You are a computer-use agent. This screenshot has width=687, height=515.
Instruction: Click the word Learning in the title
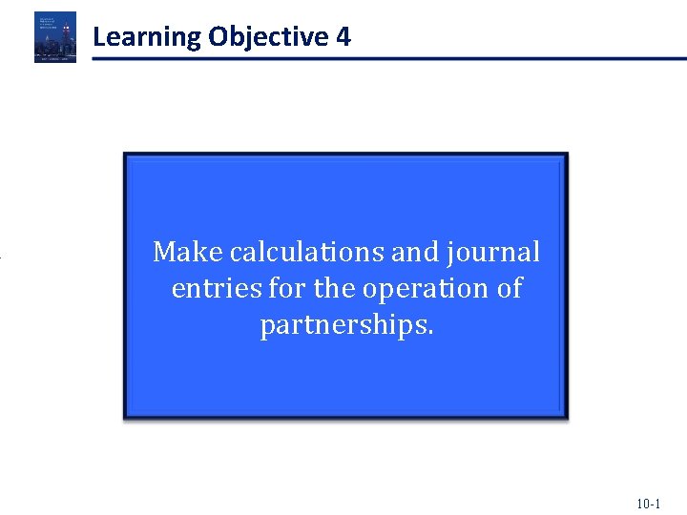click(x=147, y=38)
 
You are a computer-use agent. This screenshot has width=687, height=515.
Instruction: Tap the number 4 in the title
click(x=343, y=38)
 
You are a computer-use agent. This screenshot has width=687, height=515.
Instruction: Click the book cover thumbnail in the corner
click(x=55, y=37)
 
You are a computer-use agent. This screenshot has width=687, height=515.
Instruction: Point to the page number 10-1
click(x=648, y=503)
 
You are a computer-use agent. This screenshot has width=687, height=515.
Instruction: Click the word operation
click(x=421, y=288)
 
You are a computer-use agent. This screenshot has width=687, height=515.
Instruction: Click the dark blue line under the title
click(x=382, y=59)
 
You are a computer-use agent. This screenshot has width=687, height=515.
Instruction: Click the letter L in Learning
click(x=99, y=38)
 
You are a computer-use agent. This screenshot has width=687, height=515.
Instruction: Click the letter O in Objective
click(x=218, y=38)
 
